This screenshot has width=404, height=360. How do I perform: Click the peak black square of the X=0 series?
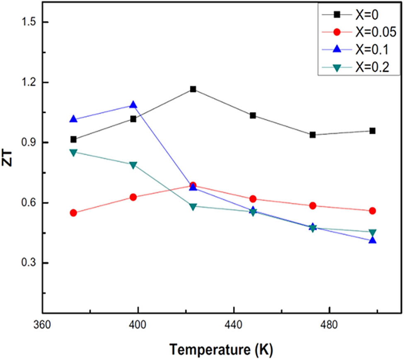[193, 89]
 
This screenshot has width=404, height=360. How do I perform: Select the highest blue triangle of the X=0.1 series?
[133, 105]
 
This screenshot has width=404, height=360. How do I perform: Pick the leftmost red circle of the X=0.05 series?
[73, 213]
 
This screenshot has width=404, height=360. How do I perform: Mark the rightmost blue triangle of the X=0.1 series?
[373, 240]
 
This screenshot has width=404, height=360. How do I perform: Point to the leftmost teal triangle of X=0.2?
[73, 152]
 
